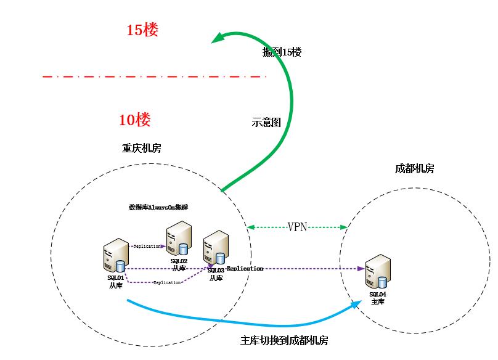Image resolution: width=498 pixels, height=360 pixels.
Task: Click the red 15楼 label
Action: [142, 30]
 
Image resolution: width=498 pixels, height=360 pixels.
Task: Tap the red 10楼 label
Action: [135, 120]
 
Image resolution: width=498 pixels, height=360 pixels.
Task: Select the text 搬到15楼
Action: [282, 52]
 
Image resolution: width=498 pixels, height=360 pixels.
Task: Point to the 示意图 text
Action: [266, 123]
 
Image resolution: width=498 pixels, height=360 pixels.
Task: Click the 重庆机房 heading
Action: [142, 149]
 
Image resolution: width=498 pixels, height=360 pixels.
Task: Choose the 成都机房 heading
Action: [414, 168]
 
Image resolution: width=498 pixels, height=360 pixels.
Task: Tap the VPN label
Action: [297, 227]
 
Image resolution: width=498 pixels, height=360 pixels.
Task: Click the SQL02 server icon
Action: [179, 240]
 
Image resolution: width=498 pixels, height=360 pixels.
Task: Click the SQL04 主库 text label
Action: [377, 298]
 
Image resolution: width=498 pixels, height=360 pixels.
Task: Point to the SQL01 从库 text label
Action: [116, 281]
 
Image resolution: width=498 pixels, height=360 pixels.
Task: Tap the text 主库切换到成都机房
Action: [284, 341]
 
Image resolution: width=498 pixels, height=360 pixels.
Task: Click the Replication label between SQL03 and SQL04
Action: [245, 269]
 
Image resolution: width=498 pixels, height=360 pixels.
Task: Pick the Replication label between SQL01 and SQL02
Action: [147, 246]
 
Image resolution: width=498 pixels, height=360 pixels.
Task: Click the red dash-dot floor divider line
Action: [154, 76]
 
